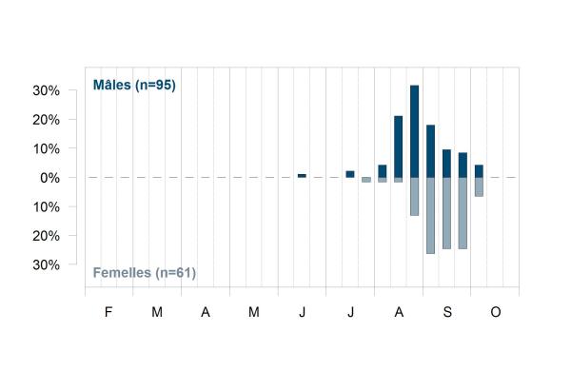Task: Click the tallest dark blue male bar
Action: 414,131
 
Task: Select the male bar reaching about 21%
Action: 399,146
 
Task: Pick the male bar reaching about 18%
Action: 430,151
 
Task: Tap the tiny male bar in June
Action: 302,176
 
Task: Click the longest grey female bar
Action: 430,216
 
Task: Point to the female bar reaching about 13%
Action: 414,197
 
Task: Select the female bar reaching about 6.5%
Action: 479,187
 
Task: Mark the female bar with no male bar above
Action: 366,180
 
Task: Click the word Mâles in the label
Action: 112,85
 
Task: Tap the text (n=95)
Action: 155,86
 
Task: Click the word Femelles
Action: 122,273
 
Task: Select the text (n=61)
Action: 176,273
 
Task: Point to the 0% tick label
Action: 49,178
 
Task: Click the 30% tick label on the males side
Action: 47,90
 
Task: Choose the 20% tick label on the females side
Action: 47,236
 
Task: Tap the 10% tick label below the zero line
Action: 47,207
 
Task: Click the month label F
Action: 108,312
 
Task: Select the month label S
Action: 447,312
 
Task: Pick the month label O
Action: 496,312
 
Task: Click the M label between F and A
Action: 157,312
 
